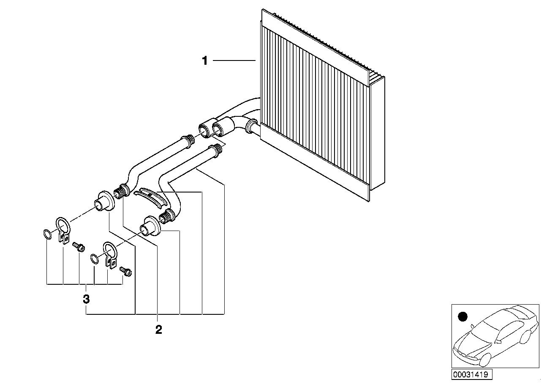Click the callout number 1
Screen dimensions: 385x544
(x=205, y=61)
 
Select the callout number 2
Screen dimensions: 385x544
(x=158, y=330)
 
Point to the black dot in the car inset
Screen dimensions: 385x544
(x=463, y=316)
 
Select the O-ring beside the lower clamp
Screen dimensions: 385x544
(x=95, y=258)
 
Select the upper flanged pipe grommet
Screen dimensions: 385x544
(x=104, y=200)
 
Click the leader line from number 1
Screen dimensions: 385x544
(x=234, y=61)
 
